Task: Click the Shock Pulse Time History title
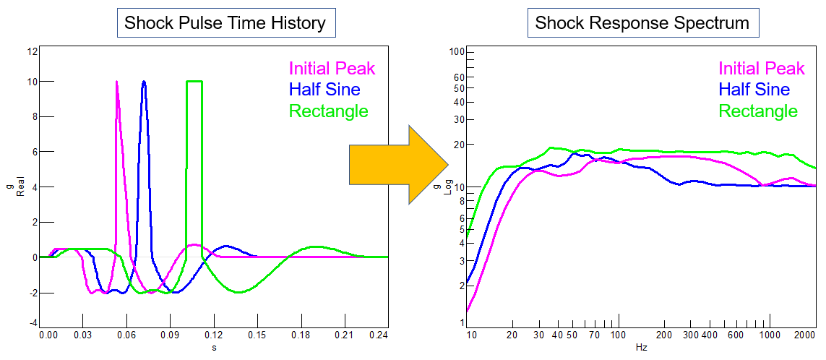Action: tap(225, 22)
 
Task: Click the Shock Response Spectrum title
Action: tap(642, 22)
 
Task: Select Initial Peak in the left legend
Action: tap(332, 69)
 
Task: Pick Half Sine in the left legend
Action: tap(324, 90)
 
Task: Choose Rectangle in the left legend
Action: tap(329, 111)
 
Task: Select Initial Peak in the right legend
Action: tap(761, 69)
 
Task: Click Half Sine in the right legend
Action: tap(754, 90)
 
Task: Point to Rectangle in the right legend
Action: tap(758, 111)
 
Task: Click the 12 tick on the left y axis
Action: tap(32, 51)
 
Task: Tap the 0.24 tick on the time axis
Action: tap(378, 335)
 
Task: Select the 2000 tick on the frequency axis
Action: tap(804, 335)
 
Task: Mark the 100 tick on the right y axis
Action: tap(455, 51)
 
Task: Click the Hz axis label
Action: tap(642, 348)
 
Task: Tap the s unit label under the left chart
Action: tap(214, 348)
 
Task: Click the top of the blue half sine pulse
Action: tap(144, 82)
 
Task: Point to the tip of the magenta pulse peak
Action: tap(116, 82)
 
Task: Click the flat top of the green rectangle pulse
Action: tap(194, 82)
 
